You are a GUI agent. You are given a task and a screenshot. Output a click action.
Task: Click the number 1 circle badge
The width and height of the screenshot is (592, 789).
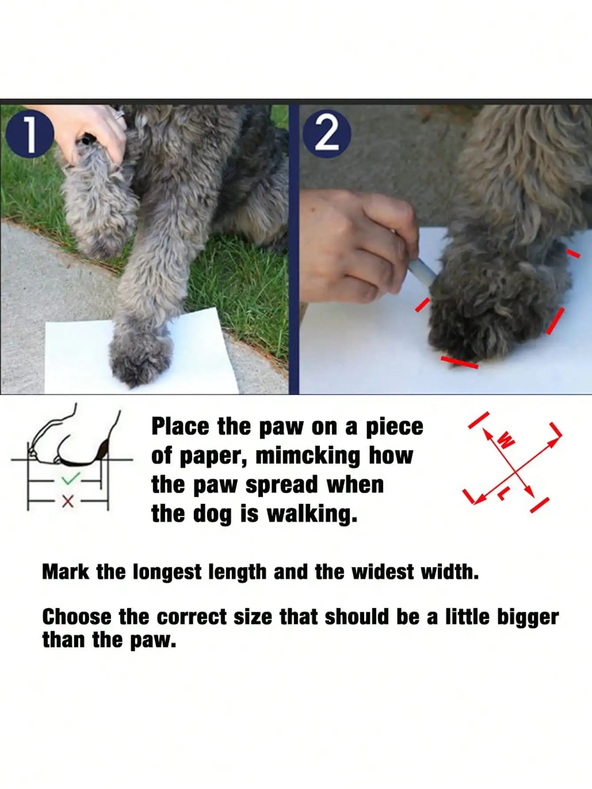(x=30, y=134)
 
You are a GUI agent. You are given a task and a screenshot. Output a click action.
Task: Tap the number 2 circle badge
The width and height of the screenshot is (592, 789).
(x=327, y=134)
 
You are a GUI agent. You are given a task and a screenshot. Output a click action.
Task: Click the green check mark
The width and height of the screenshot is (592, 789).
(x=71, y=479)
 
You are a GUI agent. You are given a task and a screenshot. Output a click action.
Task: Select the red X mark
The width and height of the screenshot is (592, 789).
(x=68, y=501)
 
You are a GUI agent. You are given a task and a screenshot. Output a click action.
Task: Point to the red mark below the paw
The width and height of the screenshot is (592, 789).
(x=459, y=362)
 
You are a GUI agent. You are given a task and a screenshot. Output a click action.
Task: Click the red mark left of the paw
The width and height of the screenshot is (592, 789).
(x=422, y=304)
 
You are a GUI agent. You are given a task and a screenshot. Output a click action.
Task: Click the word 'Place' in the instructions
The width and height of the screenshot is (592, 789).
(x=180, y=427)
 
